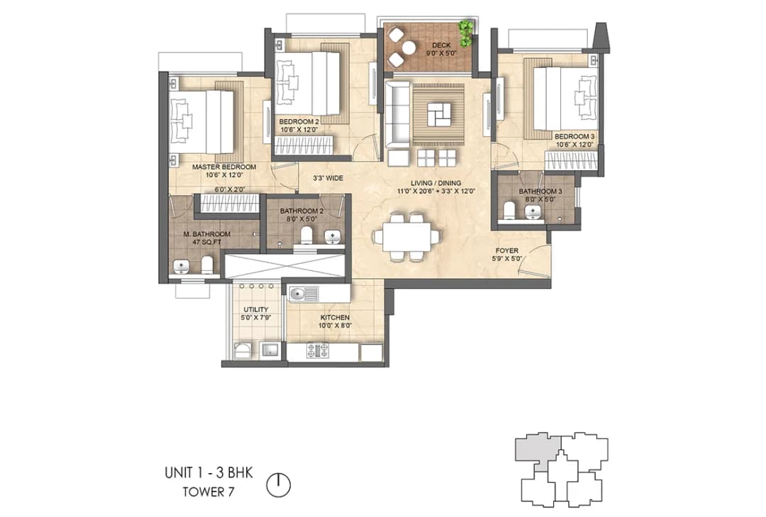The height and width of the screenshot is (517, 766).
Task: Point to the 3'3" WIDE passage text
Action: tap(328, 179)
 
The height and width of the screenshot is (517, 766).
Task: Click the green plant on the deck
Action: tap(465, 32)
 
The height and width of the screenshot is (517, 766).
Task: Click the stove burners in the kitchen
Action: tap(317, 350)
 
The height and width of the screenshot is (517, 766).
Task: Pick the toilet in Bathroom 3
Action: tap(508, 210)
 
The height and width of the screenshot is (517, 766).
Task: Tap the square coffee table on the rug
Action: tap(438, 112)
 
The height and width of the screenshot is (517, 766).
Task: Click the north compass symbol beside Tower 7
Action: tap(279, 485)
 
